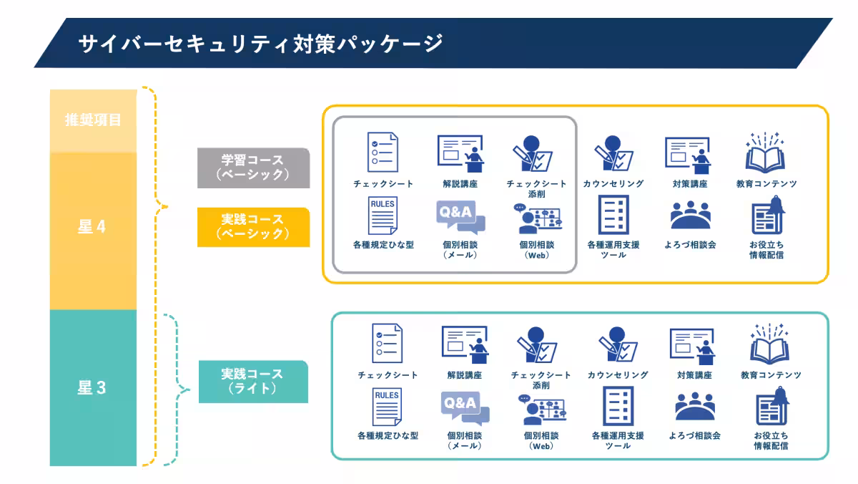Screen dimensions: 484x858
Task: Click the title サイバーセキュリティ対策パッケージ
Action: [x=261, y=44]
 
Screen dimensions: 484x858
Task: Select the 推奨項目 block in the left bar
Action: [x=93, y=120]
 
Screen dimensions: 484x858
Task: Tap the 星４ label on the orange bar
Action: [x=92, y=228]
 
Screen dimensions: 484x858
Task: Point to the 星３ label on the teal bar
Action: [x=92, y=389]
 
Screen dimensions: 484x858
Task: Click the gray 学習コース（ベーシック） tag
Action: [x=253, y=168]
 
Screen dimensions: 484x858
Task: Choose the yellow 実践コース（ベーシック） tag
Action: [x=253, y=227]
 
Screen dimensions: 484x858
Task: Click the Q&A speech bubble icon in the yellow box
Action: [x=460, y=218]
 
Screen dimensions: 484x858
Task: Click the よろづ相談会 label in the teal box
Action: [x=694, y=435]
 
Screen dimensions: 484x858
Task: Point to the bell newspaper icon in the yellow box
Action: [x=768, y=216]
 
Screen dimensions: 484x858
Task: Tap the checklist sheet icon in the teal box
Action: [x=388, y=343]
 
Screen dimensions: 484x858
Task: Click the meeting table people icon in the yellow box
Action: [x=691, y=215]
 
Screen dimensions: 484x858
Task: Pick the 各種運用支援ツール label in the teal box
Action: [x=618, y=440]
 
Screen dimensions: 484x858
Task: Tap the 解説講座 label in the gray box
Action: [x=460, y=184]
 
